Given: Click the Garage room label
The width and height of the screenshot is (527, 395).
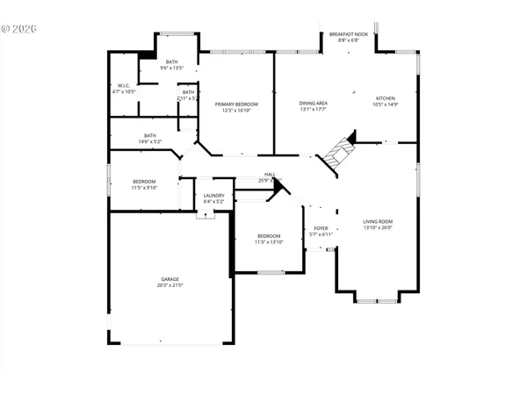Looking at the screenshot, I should (170, 279).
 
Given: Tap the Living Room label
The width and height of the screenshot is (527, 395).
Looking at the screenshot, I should (379, 221).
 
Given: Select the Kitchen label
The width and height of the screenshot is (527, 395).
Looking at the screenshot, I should (386, 98).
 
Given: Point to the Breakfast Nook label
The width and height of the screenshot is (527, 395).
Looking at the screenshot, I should (344, 34).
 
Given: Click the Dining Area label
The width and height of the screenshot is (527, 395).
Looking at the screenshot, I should (313, 104).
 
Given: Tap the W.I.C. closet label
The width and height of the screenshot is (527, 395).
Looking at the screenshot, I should (124, 84).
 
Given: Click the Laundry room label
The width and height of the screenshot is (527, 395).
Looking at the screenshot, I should (213, 196).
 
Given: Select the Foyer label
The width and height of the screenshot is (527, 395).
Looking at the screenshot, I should (321, 228).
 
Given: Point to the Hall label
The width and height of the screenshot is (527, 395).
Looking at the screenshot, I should (270, 174).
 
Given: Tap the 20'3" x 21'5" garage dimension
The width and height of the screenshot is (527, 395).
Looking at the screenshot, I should (170, 285).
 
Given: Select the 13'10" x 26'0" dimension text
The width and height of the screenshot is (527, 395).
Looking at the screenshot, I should (379, 227).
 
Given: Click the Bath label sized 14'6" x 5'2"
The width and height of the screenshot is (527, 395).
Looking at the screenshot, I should (150, 135).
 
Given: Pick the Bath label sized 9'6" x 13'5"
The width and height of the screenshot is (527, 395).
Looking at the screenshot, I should (171, 61).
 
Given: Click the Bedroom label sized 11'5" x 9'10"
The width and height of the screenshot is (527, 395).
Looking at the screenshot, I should (144, 181).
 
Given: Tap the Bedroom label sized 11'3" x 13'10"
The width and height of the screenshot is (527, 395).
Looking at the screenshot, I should (269, 235).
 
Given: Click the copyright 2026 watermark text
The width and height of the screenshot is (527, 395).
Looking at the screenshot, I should (19, 28).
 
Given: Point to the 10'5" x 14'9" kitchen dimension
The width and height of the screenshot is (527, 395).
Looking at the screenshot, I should (386, 104).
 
